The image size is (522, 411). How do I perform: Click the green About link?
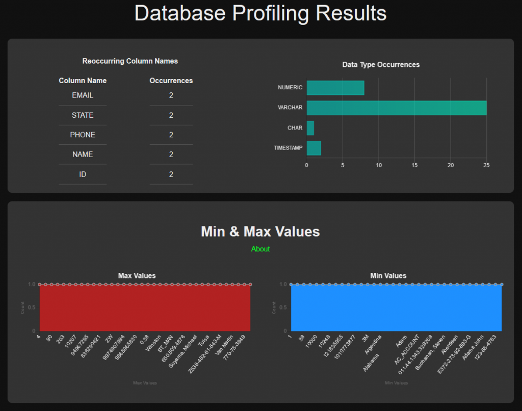click(x=260, y=249)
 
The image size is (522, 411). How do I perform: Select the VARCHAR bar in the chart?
click(x=396, y=108)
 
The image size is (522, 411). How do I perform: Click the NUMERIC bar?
click(x=335, y=88)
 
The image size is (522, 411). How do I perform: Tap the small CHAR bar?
click(x=310, y=128)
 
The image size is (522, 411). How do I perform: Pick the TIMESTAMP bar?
click(x=314, y=148)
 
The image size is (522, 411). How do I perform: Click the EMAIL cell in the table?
click(x=83, y=95)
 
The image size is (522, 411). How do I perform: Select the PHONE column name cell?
click(x=83, y=135)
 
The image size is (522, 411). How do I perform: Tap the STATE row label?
click(x=83, y=115)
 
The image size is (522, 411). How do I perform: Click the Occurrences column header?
click(x=171, y=81)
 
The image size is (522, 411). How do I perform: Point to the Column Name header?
click(x=83, y=81)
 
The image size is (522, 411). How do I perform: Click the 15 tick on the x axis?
click(x=414, y=165)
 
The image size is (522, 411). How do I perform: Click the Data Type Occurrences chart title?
click(x=381, y=65)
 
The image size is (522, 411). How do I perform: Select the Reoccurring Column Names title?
click(x=130, y=61)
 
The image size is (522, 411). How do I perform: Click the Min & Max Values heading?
click(x=260, y=232)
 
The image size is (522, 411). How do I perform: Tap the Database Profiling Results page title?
click(x=260, y=13)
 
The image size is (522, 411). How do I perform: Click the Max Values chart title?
click(x=137, y=275)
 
